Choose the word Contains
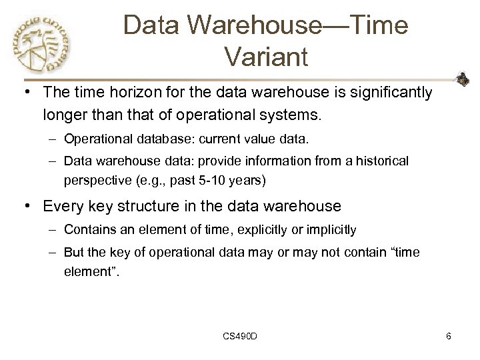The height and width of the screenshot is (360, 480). click(x=86, y=231)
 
